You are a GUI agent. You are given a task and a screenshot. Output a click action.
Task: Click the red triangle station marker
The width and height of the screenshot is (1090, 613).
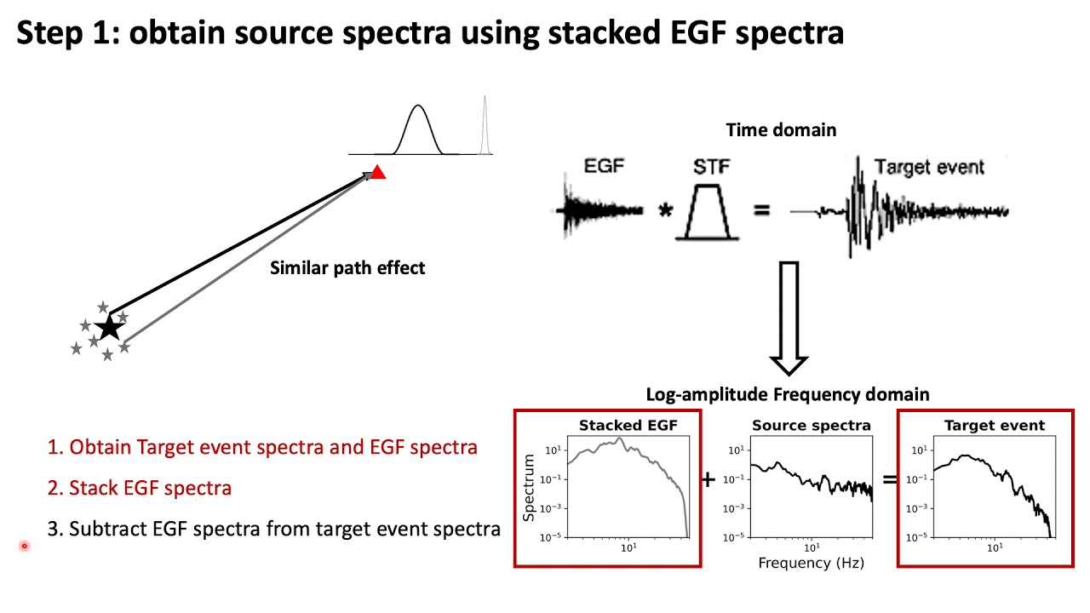[x=378, y=173]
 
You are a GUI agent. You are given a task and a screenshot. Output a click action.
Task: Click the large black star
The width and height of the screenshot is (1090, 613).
[x=108, y=328]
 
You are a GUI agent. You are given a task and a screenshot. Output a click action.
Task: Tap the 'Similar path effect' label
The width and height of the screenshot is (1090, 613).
[x=347, y=267]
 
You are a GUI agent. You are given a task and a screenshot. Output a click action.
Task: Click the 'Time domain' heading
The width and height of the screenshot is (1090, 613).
[x=781, y=129]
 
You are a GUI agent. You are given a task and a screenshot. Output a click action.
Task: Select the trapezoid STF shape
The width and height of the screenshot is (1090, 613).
[x=710, y=211]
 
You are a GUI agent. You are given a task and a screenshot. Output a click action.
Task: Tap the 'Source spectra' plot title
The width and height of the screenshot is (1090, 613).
[x=811, y=425]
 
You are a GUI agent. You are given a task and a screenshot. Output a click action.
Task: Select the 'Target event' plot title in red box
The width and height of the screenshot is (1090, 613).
[x=994, y=425]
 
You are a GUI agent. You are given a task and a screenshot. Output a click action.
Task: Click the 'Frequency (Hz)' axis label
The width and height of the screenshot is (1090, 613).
[x=811, y=563]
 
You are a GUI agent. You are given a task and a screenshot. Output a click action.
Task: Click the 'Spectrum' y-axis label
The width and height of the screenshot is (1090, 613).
[x=529, y=487]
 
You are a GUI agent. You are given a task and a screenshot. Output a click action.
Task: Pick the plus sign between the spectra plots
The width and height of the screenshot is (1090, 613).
[x=708, y=479]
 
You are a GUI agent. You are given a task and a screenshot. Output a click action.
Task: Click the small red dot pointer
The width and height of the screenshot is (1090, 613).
[x=25, y=546]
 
